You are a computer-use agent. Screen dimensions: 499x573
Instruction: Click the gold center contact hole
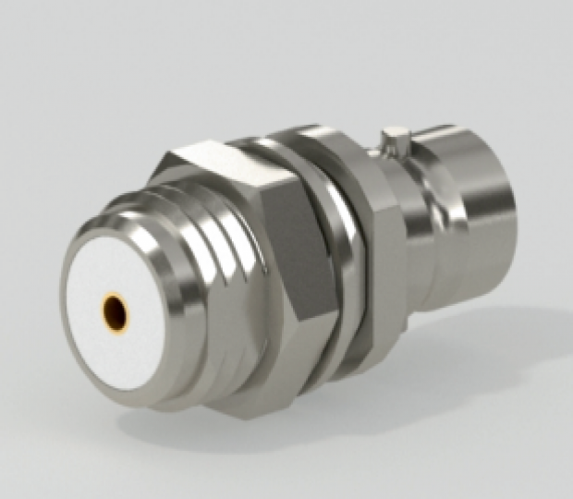116,310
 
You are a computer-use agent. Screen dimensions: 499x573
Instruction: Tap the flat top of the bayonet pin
396,132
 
